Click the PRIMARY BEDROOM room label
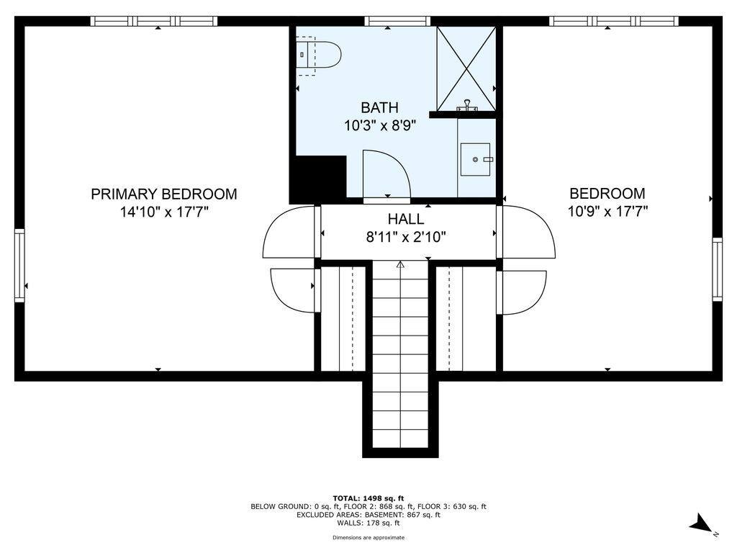click(163, 194)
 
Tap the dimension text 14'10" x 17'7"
click(163, 212)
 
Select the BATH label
click(379, 108)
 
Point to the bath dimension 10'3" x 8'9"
click(380, 125)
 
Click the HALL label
click(406, 219)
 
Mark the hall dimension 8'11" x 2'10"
click(406, 236)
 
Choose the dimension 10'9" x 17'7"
click(607, 211)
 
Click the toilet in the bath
click(318, 55)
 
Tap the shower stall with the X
click(466, 68)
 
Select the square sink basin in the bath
click(475, 159)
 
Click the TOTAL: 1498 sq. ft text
click(368, 498)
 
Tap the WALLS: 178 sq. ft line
click(368, 523)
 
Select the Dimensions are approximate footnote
click(368, 537)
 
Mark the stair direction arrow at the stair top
click(400, 264)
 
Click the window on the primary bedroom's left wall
click(19, 266)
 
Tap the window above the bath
click(397, 21)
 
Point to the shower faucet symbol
click(467, 105)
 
